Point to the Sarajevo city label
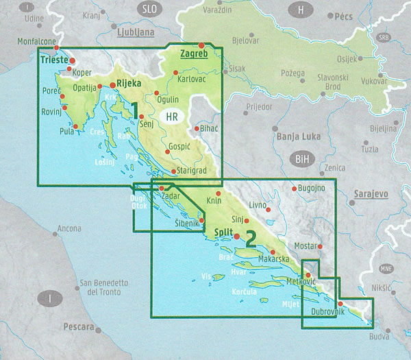pos(370,195)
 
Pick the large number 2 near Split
pos(250,238)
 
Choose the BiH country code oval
pos(301,159)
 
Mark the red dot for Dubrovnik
pos(340,304)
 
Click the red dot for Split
pos(236,237)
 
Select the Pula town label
pos(66,131)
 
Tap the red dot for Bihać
pos(197,128)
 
